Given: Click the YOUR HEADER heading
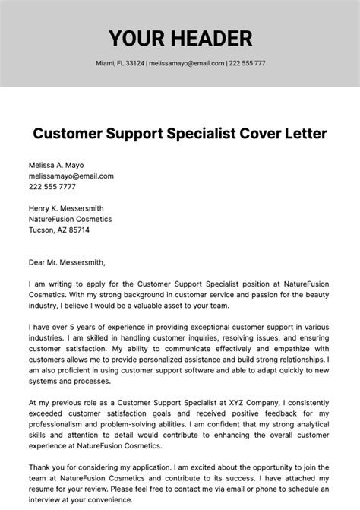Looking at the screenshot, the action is (x=180, y=37).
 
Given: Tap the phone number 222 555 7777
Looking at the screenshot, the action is (x=52, y=186).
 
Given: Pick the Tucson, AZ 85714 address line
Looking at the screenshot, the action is (x=59, y=230).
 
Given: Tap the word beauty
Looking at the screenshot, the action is (x=313, y=293).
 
